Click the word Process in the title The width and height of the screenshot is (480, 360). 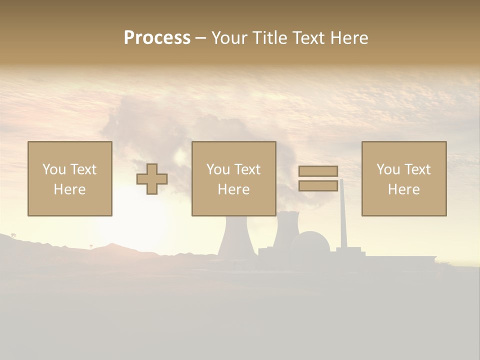157,38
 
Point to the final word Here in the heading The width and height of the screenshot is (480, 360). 349,38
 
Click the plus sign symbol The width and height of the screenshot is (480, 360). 152,179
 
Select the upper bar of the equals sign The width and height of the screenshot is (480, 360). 318,171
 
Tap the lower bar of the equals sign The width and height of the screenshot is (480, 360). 318,185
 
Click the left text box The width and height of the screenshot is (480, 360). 70,178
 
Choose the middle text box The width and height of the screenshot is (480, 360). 234,178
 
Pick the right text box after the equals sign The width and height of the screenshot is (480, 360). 404,178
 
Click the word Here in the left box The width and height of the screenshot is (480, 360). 69,189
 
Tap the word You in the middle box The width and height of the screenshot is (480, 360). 217,169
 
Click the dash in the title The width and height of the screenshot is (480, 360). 200,38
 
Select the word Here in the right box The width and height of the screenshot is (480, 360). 403,189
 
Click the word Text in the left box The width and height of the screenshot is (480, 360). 83,169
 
